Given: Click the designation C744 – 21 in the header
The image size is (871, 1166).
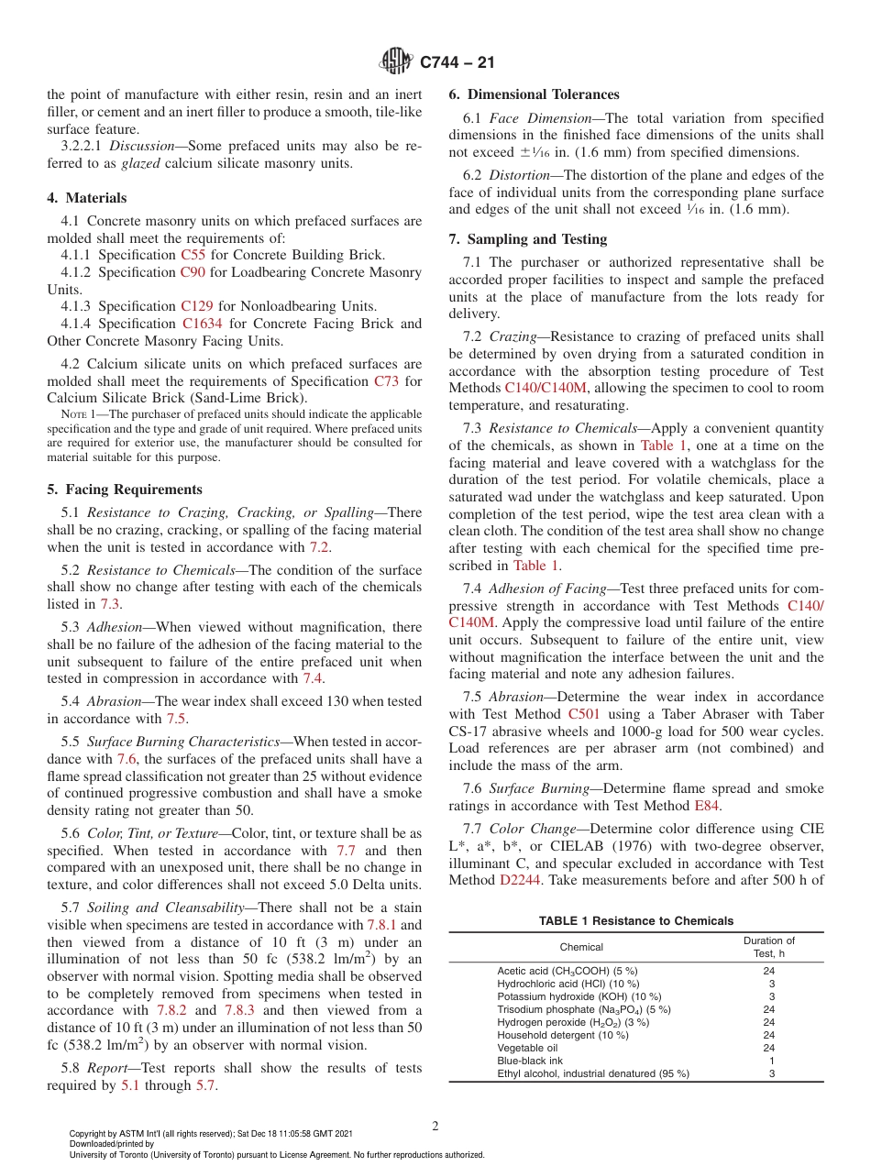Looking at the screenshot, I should (x=456, y=62).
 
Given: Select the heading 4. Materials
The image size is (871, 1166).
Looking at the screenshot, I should (x=87, y=198).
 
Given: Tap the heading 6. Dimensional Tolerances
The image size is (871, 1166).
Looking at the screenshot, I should (x=534, y=94).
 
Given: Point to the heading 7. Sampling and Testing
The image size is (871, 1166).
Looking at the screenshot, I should (x=527, y=239).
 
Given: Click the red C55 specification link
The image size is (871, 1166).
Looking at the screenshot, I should (x=193, y=255).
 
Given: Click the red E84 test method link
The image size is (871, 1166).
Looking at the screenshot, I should (x=707, y=806).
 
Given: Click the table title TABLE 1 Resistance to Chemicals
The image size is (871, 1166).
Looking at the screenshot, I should (x=636, y=920).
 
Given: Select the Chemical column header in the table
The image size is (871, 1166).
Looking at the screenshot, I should (x=581, y=947).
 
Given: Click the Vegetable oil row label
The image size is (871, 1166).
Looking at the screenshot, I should (x=527, y=1048).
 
